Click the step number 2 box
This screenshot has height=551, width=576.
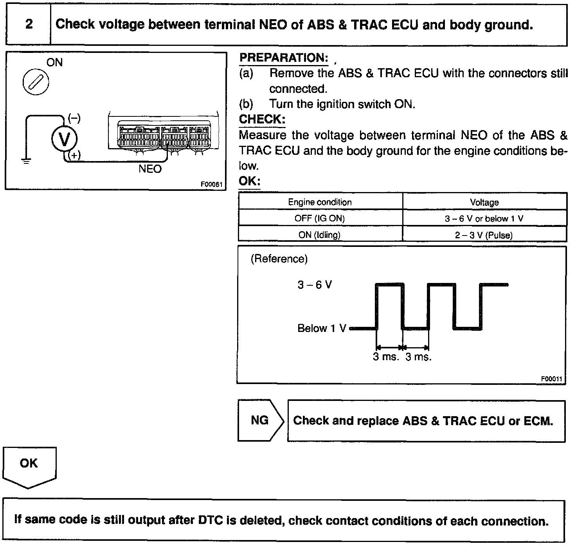pyautogui.click(x=29, y=24)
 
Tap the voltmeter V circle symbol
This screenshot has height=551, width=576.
pyautogui.click(x=65, y=139)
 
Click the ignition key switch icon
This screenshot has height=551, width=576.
pyautogui.click(x=36, y=83)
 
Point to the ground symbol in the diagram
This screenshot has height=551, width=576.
pyautogui.click(x=26, y=161)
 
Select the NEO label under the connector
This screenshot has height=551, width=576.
pyautogui.click(x=150, y=169)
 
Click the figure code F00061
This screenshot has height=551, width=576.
pyautogui.click(x=212, y=184)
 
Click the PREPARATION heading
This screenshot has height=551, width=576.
pyautogui.click(x=284, y=58)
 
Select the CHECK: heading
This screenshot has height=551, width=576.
pyautogui.click(x=262, y=119)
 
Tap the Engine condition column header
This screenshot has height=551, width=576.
pyautogui.click(x=320, y=202)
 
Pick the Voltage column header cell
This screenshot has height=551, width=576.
pyautogui.click(x=484, y=202)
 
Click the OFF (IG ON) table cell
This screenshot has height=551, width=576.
pyautogui.click(x=320, y=218)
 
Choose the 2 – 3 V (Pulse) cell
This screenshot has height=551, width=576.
pyautogui.click(x=484, y=235)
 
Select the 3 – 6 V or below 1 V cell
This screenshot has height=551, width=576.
pyautogui.click(x=484, y=218)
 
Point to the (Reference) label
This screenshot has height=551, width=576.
pyautogui.click(x=279, y=259)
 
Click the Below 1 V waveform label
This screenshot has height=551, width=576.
pyautogui.click(x=322, y=328)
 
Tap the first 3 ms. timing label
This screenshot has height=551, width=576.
pyautogui.click(x=386, y=357)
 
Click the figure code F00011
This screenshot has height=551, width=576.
pyautogui.click(x=551, y=379)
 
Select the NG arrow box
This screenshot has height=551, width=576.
pyautogui.click(x=260, y=420)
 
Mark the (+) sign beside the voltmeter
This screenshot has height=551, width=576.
pyautogui.click(x=74, y=155)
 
